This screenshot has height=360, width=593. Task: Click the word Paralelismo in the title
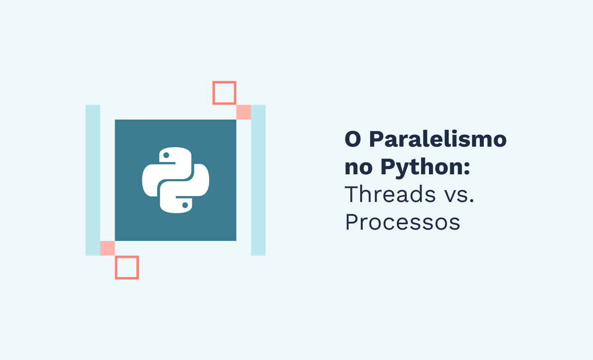point(438,140)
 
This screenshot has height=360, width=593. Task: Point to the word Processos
point(402,222)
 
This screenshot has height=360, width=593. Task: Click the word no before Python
point(359,168)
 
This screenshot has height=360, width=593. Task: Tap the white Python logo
point(175,180)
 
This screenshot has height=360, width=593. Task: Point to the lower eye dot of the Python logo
point(185,204)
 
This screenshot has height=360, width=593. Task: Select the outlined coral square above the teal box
point(224,93)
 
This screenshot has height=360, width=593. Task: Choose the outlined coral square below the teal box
point(127,268)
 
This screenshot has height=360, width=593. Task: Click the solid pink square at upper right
point(244,112)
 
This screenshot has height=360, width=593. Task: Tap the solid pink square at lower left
point(107,248)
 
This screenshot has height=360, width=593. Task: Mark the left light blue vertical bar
point(93,180)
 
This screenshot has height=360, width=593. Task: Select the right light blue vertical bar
point(258,180)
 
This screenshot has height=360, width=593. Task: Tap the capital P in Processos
point(351,222)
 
